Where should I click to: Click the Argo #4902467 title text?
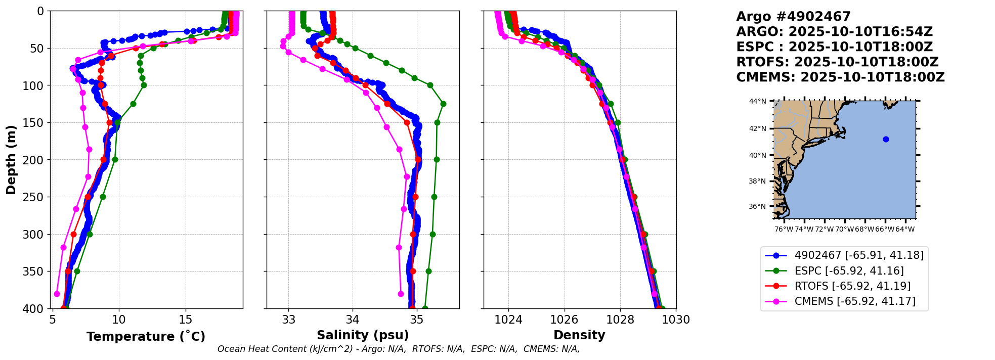pos(793,17)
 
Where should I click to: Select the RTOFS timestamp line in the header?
pos(837,62)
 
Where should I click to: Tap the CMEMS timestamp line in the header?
pos(840,77)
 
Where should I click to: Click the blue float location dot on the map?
pos(886,139)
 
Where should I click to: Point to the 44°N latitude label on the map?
pos(757,101)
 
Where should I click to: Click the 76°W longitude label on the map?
pos(784,229)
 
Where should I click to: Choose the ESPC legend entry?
pos(849,271)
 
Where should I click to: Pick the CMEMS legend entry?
pos(855,301)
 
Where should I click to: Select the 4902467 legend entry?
pos(859,255)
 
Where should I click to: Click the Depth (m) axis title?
pos(11,159)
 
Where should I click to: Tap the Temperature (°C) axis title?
pos(146,336)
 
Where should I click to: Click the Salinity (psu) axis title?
pos(363,335)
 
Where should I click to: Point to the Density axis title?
pos(579,335)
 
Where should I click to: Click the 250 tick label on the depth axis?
pos(35,197)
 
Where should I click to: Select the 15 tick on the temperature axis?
pos(186,320)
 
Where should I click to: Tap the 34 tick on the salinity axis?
pos(353,320)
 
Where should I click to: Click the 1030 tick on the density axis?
pos(676,320)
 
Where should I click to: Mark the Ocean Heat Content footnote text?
pos(399,349)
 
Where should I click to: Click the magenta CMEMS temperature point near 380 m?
pos(57,294)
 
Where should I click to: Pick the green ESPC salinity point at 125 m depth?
pos(443,104)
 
